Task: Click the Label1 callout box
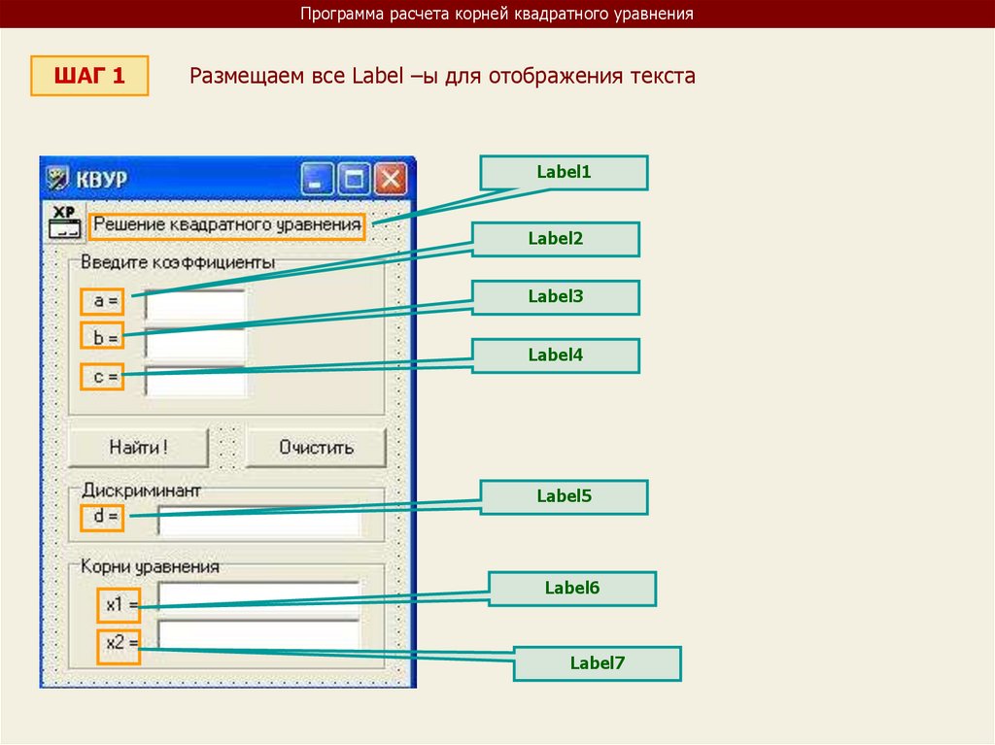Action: (564, 173)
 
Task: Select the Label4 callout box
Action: (556, 356)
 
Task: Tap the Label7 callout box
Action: (597, 663)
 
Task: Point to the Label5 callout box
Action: (564, 496)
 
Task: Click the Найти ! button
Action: (138, 448)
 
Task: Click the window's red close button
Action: (391, 180)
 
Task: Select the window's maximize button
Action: (355, 180)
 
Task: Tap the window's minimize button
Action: (318, 180)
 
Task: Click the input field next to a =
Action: (195, 304)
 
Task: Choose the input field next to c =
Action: (195, 379)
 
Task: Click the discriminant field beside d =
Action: (259, 520)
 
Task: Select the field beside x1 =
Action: (259, 597)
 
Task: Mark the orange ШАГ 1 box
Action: (89, 76)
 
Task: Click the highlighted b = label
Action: (103, 338)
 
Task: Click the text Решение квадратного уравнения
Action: (227, 226)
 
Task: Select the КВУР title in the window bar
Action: (102, 181)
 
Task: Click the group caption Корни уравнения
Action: (150, 565)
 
